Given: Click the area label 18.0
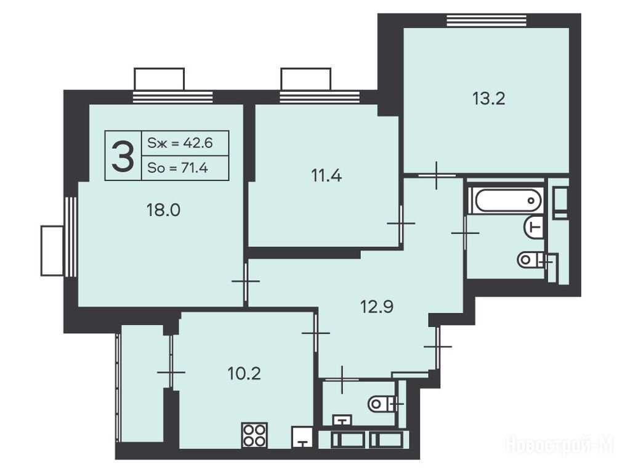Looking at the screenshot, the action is tap(163, 210).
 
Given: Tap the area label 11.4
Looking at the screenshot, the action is tap(326, 176).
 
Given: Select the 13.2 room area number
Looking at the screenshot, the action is tap(489, 99).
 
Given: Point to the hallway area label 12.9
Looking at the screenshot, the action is tap(377, 306).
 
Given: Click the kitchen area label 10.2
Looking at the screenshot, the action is tap(244, 373).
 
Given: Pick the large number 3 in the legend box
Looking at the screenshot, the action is tap(123, 156).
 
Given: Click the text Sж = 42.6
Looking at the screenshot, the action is tap(180, 143).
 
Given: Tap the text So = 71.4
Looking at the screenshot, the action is tap(177, 168).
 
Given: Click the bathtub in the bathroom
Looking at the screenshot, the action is tap(507, 200).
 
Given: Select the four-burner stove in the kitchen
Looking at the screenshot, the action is tap(254, 435).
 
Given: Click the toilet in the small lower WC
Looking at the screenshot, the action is tap(383, 405).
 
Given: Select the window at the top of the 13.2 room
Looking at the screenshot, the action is tap(487, 20).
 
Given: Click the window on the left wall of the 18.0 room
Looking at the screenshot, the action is tap(70, 236).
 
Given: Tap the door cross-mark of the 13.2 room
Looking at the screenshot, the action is tap(437, 175).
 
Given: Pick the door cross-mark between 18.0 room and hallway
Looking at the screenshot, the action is tap(246, 281).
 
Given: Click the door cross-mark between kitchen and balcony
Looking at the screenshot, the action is tap(171, 372).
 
